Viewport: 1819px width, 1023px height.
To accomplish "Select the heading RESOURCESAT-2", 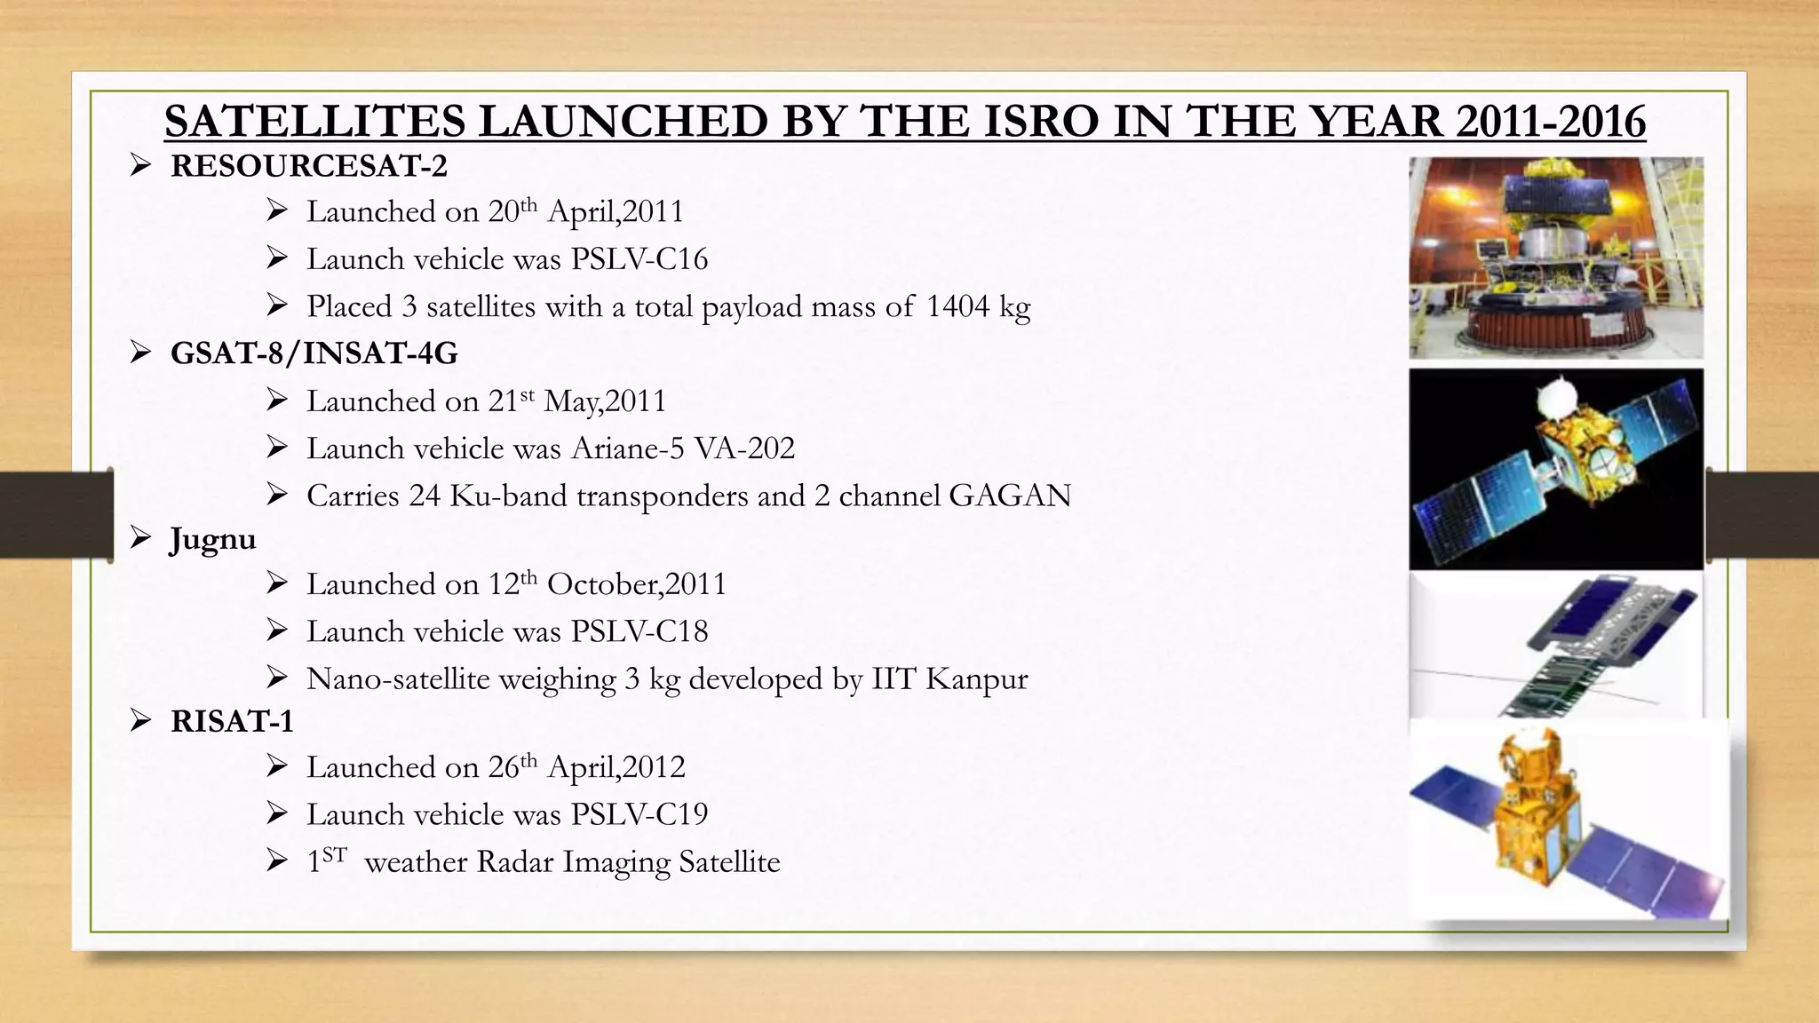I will click(309, 166).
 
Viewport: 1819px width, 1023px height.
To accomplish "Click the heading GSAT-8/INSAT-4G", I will click(314, 353).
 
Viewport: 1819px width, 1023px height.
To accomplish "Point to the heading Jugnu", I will click(213, 540).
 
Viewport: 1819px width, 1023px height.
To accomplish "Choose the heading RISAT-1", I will click(232, 721).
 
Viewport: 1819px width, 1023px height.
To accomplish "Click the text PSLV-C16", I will click(639, 259).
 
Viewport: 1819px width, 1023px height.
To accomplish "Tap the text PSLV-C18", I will click(639, 631).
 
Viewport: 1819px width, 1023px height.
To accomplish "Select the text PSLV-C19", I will click(639, 814).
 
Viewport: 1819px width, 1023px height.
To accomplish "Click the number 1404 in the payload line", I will click(957, 306).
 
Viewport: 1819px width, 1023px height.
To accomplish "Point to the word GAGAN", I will click(1010, 496).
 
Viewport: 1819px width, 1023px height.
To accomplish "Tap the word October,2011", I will click(637, 584).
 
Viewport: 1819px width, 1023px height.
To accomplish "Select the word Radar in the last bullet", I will click(515, 862).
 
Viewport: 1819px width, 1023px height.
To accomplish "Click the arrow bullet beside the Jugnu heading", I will click(141, 538).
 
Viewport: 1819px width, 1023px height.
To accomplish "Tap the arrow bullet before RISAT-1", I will click(141, 720).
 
